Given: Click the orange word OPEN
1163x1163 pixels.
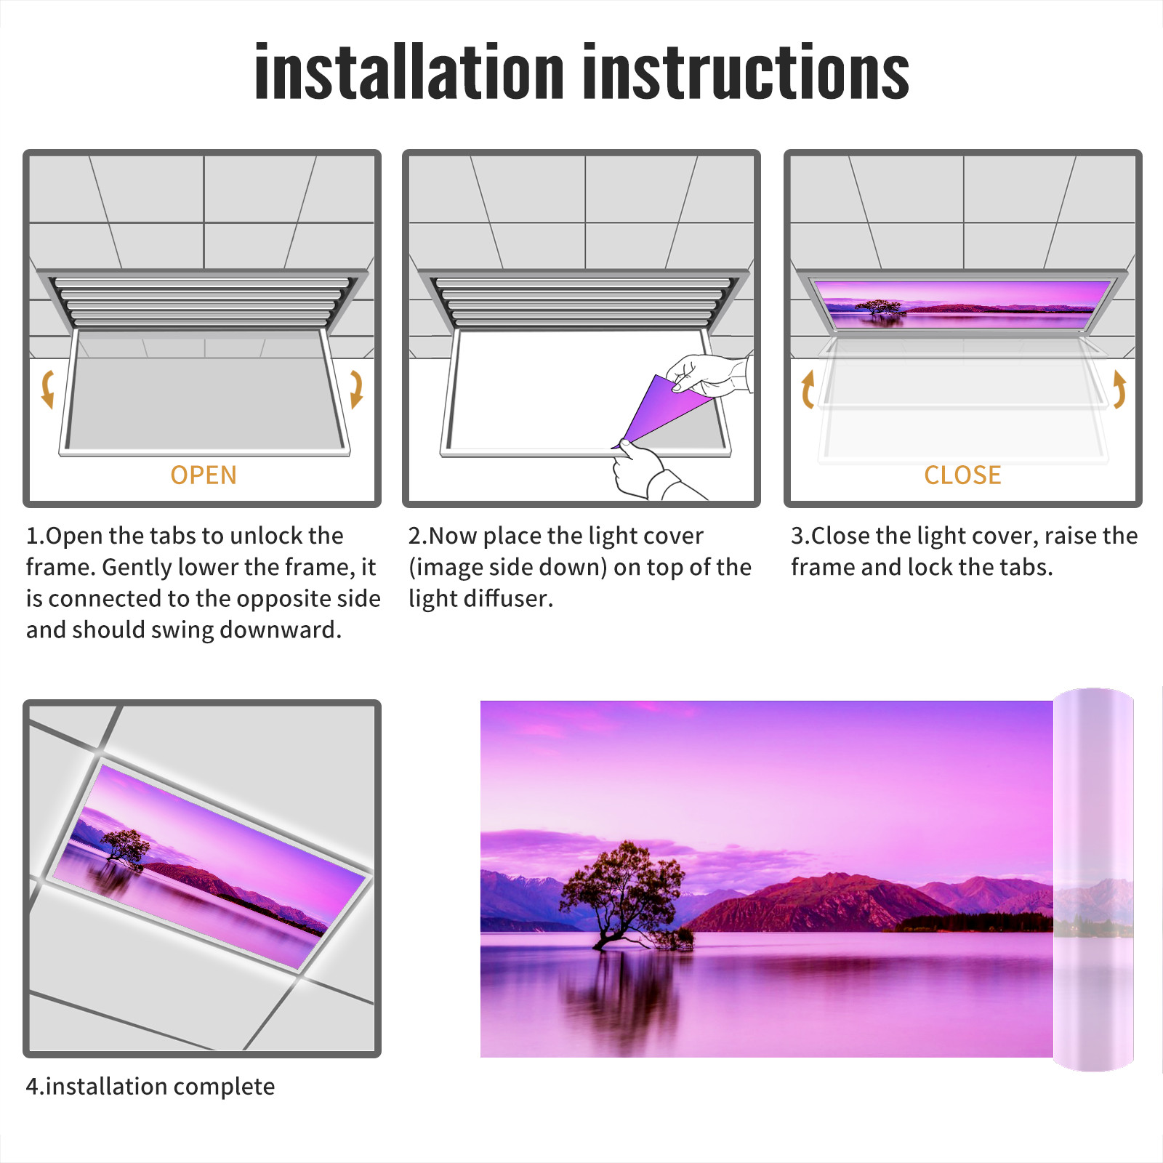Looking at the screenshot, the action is pos(204,475).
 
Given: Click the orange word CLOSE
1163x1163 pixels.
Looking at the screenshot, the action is pos(962,475).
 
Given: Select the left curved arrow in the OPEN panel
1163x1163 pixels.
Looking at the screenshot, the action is pos(47,389).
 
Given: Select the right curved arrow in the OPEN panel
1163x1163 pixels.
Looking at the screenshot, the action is pos(357,389).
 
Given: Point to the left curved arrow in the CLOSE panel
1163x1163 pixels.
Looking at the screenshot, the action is pos(806,389).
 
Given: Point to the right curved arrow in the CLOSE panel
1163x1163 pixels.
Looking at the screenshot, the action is pos(1120,389).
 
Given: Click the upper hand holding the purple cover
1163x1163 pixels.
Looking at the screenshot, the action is pos(709,374).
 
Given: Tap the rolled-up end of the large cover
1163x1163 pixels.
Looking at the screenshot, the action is pos(1093,880).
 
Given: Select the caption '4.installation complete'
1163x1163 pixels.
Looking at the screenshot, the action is pos(150,1087).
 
